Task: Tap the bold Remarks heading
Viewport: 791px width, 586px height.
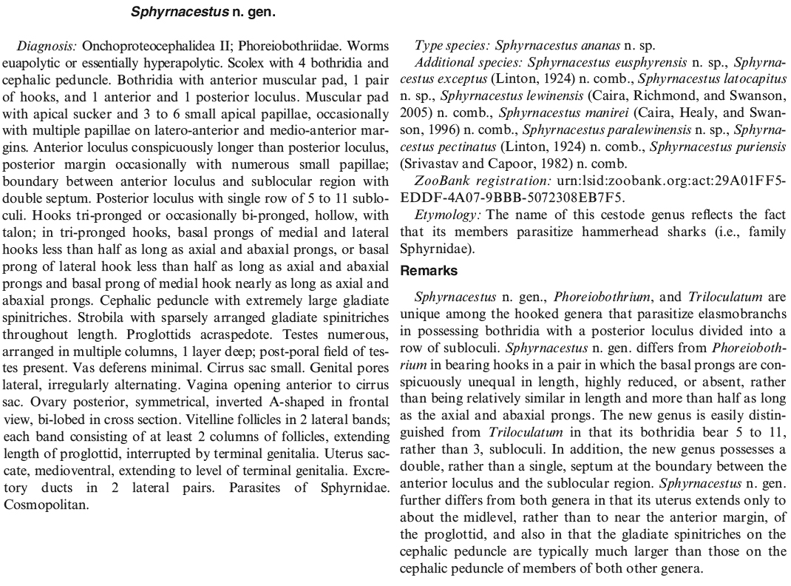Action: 429,271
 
